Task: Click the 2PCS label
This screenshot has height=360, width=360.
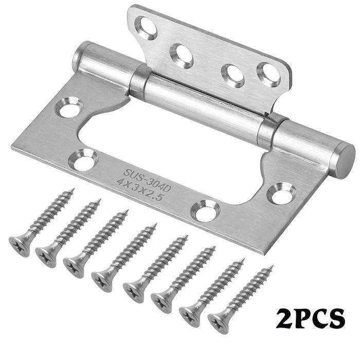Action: [x=310, y=318]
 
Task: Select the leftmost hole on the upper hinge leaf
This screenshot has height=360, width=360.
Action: [x=147, y=27]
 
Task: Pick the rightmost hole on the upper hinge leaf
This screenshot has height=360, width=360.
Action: [x=269, y=74]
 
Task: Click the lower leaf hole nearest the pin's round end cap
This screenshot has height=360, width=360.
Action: [x=282, y=193]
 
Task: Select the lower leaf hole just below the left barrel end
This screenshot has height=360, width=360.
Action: [x=70, y=107]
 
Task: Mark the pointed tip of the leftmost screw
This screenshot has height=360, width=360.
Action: [x=72, y=190]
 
